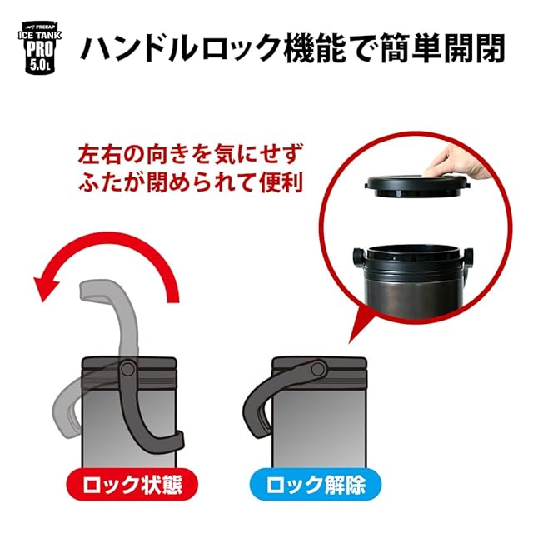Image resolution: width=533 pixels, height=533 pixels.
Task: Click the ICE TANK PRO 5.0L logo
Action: click(40, 48)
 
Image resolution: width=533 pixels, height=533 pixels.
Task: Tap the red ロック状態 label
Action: click(132, 484)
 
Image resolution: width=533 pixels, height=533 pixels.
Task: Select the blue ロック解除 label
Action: click(316, 484)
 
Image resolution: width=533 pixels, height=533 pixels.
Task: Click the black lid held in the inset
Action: click(417, 187)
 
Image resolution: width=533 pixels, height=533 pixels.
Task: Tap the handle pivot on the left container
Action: click(127, 368)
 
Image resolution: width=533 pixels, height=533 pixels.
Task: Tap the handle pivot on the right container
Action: click(318, 368)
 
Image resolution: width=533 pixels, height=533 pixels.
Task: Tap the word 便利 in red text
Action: click(281, 182)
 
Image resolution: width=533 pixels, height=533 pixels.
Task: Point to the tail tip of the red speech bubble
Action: click(350, 342)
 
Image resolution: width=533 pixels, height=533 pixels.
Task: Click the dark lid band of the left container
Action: click(129, 364)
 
